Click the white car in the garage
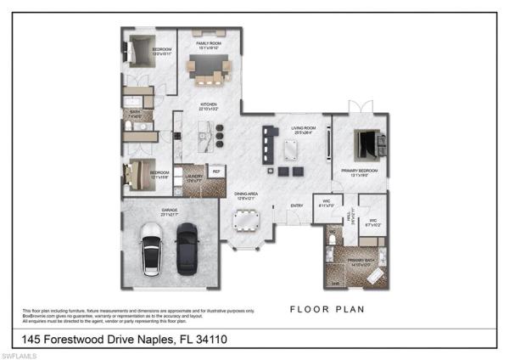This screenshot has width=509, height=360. [x=152, y=248]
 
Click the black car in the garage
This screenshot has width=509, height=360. [x=187, y=249]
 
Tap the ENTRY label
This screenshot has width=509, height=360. [x=297, y=205]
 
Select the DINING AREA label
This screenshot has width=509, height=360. [x=247, y=195]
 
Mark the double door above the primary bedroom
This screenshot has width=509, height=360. [x=360, y=107]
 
